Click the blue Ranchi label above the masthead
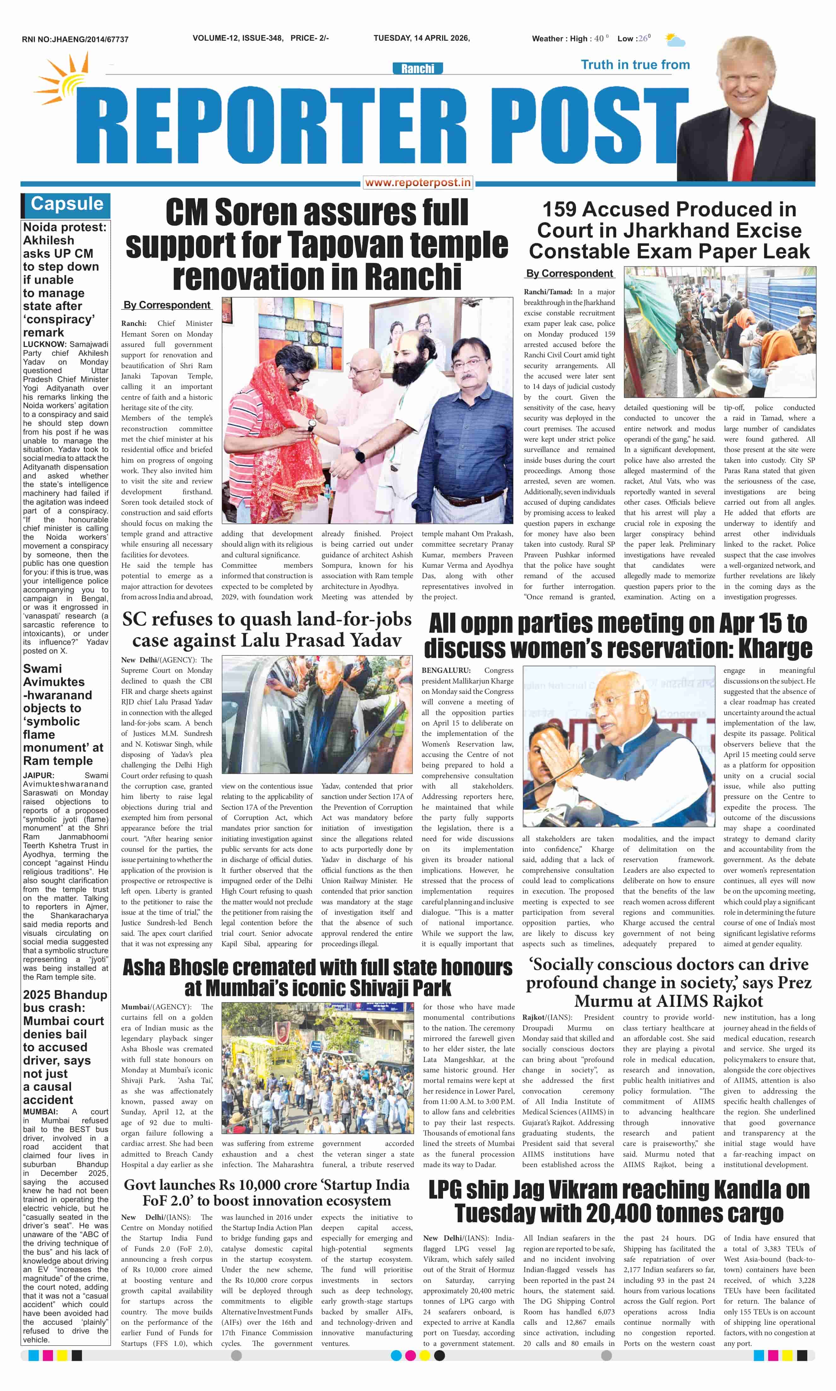[x=417, y=69]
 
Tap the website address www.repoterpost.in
[x=417, y=182]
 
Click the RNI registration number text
[x=75, y=39]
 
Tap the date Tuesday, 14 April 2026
[x=421, y=38]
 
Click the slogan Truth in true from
[x=635, y=65]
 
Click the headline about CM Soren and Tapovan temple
[x=317, y=244]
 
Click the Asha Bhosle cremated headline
[x=317, y=977]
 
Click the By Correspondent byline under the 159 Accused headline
[x=569, y=274]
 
